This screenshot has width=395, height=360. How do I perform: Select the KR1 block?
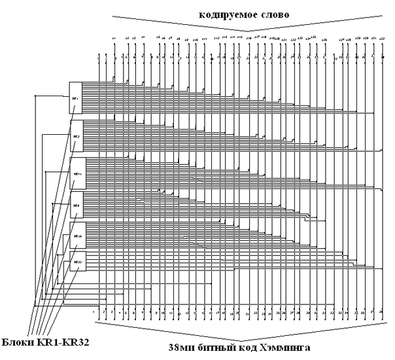(x=77, y=98)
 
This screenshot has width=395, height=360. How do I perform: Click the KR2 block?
(x=77, y=136)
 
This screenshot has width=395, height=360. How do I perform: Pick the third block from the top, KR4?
(x=77, y=173)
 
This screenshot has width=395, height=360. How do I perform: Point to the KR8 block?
(x=77, y=206)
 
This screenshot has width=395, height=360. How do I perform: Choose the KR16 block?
(x=77, y=234)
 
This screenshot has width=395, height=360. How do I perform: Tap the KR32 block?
(x=77, y=262)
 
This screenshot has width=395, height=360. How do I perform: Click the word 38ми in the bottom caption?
(x=184, y=351)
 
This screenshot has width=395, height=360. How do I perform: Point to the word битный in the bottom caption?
(x=217, y=351)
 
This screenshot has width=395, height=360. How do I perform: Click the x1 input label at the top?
(x=113, y=40)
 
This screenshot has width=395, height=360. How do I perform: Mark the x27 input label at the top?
(x=341, y=40)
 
